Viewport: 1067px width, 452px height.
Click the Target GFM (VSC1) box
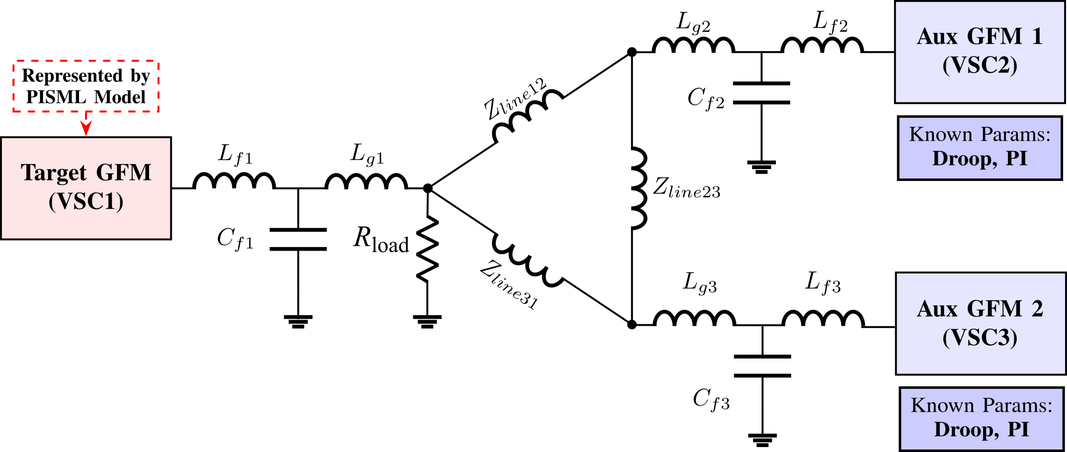tap(86, 188)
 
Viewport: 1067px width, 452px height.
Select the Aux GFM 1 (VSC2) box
tap(980, 52)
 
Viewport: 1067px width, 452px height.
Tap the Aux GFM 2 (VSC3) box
tap(980, 323)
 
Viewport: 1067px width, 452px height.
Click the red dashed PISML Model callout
tap(86, 87)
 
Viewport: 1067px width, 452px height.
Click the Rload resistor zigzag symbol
tap(427, 249)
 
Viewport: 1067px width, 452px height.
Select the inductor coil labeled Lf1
tap(234, 181)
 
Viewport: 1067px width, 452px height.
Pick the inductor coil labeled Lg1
tap(366, 181)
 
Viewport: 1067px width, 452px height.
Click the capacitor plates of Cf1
tap(298, 239)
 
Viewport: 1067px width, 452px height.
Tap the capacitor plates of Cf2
tap(761, 93)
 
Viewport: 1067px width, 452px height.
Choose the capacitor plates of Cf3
tap(762, 366)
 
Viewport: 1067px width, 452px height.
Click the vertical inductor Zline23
tap(638, 188)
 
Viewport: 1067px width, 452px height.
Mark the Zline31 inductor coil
tap(528, 261)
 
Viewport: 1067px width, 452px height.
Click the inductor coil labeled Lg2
tap(693, 45)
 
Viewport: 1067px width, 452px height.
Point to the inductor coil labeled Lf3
tap(823, 319)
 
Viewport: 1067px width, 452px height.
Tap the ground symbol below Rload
tap(427, 321)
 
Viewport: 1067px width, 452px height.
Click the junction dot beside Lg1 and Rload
tap(427, 188)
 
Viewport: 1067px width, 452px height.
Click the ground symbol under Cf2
tap(761, 166)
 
